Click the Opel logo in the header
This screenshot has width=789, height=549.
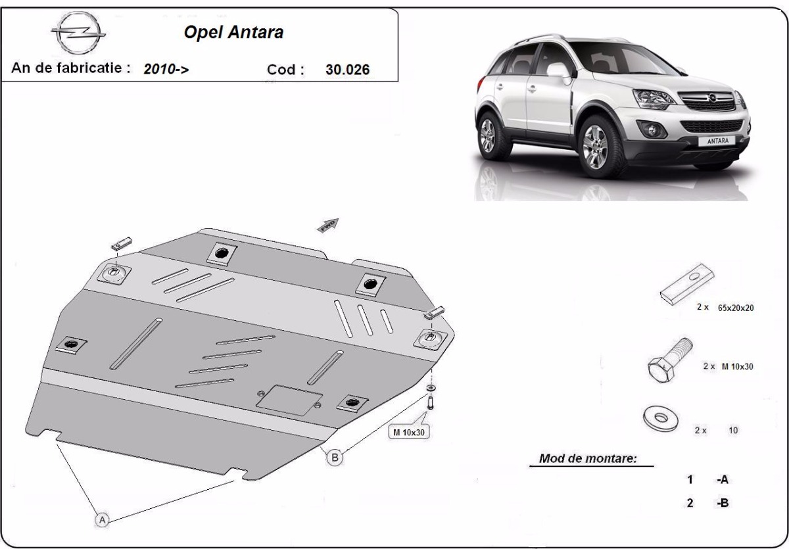coord(78,33)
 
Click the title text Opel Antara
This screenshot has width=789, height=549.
coord(233,32)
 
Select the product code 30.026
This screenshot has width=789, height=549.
coord(347,70)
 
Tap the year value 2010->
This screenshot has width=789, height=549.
coord(166,68)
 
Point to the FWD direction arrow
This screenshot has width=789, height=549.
coord(328,226)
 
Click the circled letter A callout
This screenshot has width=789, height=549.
coord(102,520)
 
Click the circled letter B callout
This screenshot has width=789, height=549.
coord(335,457)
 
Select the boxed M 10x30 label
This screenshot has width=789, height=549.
coord(408,432)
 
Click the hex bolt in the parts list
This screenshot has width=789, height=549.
coord(669,360)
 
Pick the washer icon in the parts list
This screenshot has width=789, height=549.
coord(660,418)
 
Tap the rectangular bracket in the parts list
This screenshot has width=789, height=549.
coord(687,284)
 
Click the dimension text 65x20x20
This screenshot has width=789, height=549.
coord(736,308)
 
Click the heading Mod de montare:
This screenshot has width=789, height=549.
coord(588,458)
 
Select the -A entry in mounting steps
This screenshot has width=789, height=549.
coord(723,479)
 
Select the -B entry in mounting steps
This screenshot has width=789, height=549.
coord(723,502)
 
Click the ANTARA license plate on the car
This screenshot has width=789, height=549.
coord(718,141)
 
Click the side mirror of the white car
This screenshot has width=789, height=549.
coord(559,70)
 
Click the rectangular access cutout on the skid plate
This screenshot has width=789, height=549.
coord(289,400)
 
